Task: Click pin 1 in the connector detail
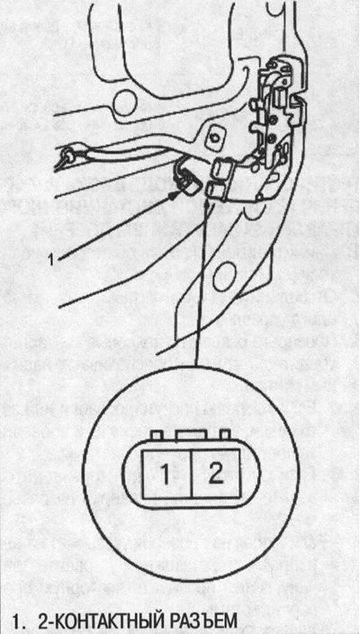point(166,473)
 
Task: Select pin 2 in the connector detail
point(215,473)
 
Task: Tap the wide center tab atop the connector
point(192,435)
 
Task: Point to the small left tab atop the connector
point(157,436)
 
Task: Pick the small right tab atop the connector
point(225,436)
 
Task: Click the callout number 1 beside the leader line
point(51,260)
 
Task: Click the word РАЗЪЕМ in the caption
point(204,621)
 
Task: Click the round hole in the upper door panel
point(125,103)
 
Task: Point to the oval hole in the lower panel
point(224,276)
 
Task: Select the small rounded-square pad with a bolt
point(213,138)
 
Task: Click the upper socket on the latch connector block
point(221,167)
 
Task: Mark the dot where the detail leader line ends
point(208,205)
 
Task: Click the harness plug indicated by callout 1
point(186,177)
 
